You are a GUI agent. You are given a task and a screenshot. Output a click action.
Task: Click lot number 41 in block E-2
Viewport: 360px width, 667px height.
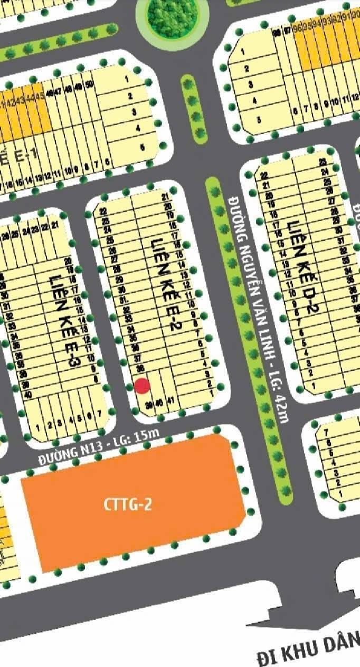coord(170,401)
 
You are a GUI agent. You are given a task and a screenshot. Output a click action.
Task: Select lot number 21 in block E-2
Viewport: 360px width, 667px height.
coord(166,198)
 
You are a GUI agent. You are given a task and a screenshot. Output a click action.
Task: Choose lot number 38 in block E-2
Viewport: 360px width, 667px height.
coord(139,367)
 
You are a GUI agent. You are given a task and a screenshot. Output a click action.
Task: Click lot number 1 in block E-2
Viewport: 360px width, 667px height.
coord(211,393)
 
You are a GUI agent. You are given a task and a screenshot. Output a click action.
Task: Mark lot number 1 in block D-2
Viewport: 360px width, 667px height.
coord(313,386)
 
